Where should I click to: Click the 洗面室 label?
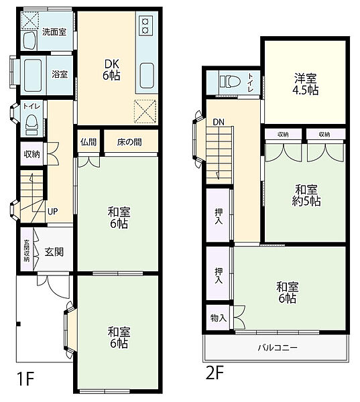coord(54,32)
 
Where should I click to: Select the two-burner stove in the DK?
coord(145,25)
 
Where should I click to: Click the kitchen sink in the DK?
coord(147,76)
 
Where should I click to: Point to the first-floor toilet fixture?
coord(32,125)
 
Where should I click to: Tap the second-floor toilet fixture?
coord(230,82)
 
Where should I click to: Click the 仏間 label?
coord(88,142)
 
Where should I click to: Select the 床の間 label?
coord(129,142)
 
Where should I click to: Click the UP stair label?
coord(52,212)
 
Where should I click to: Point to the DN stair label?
coord(219,123)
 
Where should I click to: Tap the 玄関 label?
coord(54,252)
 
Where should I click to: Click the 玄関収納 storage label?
coord(26,251)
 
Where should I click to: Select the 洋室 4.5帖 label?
coord(305,84)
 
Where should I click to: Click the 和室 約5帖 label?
coord(306,196)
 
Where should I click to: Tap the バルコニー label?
coord(278,348)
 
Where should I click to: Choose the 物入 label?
coord(219,318)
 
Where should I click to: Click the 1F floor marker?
coord(25,379)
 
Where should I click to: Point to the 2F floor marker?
coord(215,373)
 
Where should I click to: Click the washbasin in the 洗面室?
coord(29,40)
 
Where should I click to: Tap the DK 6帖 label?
coord(111,70)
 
